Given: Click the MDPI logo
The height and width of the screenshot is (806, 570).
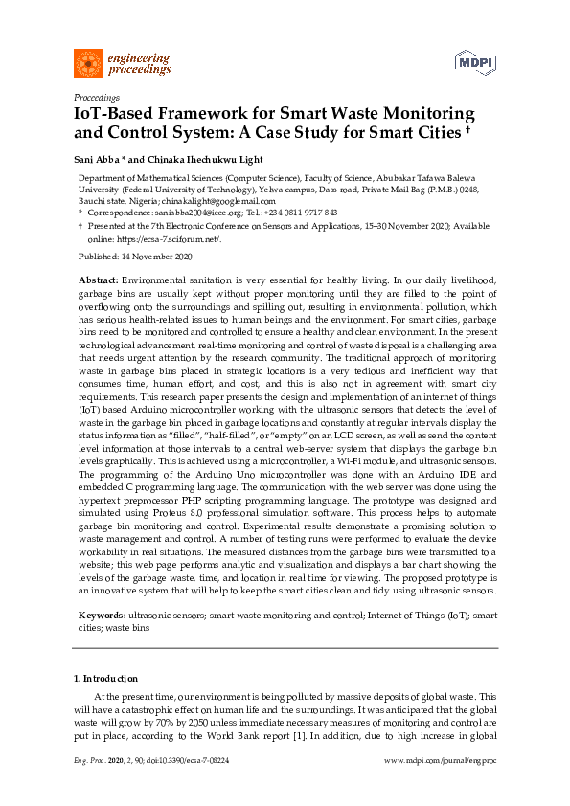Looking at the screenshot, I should tap(469, 63).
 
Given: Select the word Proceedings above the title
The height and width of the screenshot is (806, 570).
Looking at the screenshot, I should tap(97, 98).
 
